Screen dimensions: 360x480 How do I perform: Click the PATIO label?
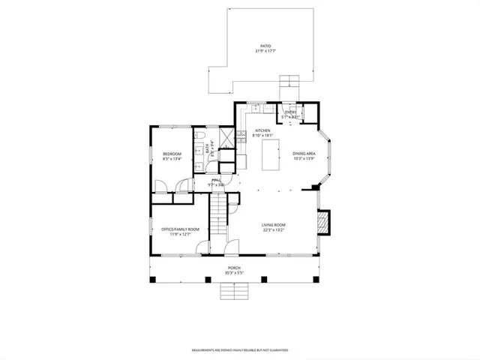click(262, 45)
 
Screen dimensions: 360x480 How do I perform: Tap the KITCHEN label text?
click(262, 130)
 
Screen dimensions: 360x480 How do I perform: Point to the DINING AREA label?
click(304, 154)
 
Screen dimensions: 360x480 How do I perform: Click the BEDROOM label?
click(172, 154)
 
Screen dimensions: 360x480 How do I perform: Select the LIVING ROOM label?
click(274, 224)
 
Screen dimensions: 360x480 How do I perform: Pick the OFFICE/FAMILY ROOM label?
click(175, 229)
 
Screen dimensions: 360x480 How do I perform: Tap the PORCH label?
click(235, 268)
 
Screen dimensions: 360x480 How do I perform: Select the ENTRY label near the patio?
click(290, 112)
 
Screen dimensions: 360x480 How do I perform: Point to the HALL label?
click(216, 180)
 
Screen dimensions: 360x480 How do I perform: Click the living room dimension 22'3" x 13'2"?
click(274, 230)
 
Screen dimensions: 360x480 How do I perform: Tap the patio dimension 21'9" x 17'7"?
click(262, 51)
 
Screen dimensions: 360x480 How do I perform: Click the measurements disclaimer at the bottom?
click(239, 350)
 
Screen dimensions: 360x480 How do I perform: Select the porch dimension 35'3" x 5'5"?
click(235, 273)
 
